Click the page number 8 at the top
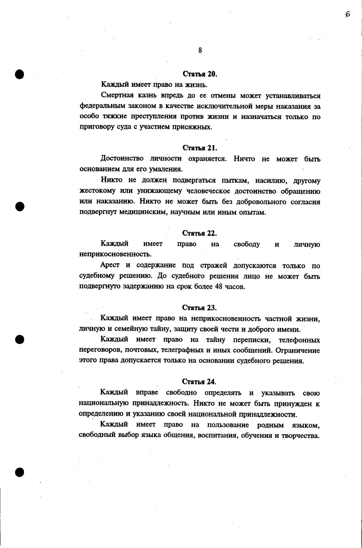click(200, 50)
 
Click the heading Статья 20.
click(200, 74)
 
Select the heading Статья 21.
click(200, 148)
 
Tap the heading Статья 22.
click(200, 233)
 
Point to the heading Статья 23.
click(200, 308)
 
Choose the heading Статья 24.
click(200, 382)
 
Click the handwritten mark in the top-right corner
click(348, 14)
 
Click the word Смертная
click(117, 96)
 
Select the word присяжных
click(197, 127)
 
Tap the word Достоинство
click(122, 158)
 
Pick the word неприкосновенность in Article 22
click(115, 254)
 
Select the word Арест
click(110, 265)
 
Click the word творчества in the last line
click(300, 436)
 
